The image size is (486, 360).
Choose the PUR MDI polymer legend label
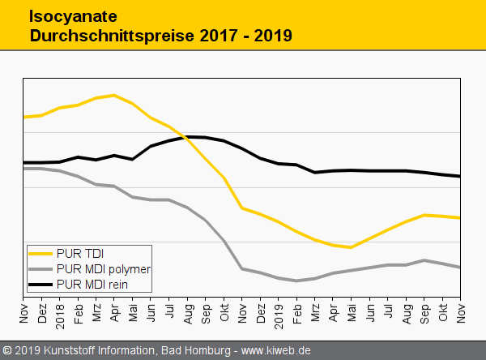point(104,268)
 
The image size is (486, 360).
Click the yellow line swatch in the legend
point(40,253)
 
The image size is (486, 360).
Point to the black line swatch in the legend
point(40,285)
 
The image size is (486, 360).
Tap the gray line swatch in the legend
point(40,268)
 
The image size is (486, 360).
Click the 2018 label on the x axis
point(60,311)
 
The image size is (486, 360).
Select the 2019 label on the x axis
point(279,311)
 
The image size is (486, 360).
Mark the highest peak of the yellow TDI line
point(114,95)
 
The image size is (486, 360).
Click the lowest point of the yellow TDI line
point(350,247)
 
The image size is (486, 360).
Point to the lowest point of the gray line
point(296,281)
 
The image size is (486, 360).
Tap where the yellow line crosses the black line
point(187,138)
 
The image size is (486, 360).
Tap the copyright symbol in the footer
point(7,350)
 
